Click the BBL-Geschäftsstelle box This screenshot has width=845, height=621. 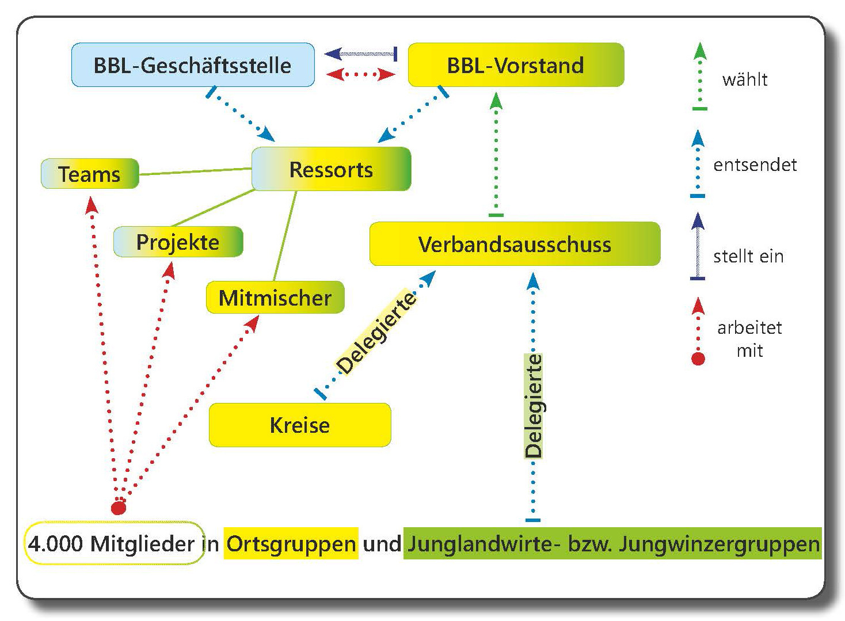[192, 65]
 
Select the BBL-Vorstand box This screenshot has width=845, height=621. [515, 65]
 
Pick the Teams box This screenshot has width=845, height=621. [90, 174]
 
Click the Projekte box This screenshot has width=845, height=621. [178, 242]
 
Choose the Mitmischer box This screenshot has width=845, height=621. [275, 298]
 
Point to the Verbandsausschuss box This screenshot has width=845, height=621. [515, 244]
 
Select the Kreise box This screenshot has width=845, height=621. [299, 425]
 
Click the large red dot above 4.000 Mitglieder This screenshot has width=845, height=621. [118, 508]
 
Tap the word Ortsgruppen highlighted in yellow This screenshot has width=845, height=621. [291, 544]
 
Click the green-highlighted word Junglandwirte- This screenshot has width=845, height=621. [484, 544]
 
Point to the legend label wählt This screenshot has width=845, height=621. [745, 79]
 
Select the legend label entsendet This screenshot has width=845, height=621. [755, 165]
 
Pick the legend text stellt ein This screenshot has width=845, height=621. [748, 256]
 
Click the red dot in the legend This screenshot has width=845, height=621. [698, 359]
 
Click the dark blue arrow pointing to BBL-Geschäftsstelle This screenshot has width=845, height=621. [360, 54]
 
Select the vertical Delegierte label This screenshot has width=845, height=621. [534, 406]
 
